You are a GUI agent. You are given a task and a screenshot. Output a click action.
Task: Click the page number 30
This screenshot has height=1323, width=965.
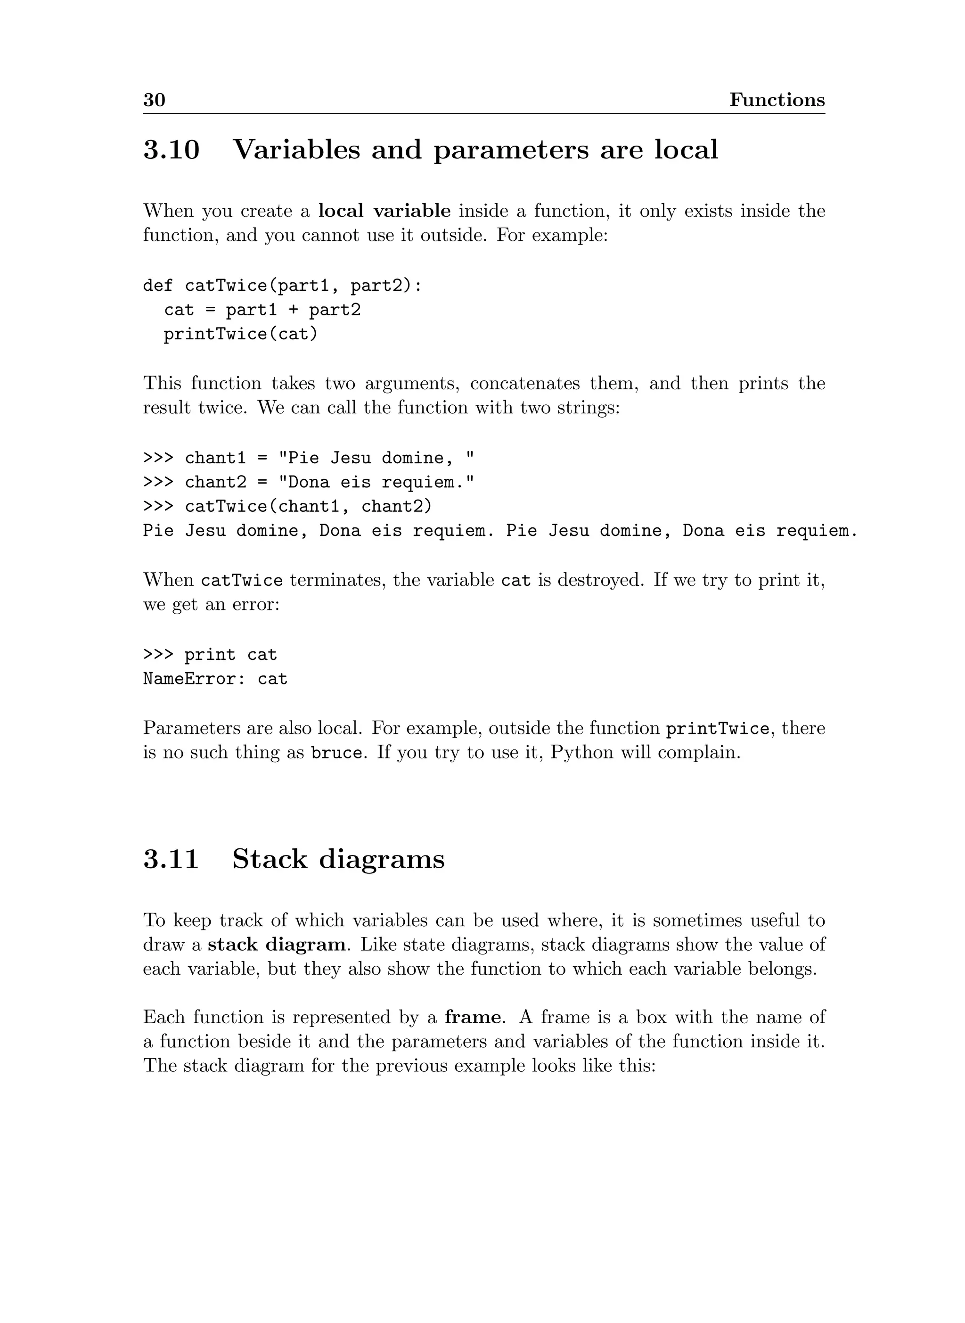(154, 100)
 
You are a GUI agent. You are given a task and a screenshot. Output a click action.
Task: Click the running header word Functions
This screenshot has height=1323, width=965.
(777, 100)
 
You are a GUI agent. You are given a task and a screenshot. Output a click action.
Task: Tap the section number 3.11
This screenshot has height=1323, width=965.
(171, 859)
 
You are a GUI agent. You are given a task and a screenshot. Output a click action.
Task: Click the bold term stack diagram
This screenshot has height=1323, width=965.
(276, 945)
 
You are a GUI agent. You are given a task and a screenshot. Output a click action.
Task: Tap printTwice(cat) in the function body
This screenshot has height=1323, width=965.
(241, 334)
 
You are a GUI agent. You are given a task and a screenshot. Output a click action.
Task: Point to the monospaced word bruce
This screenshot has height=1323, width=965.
(336, 753)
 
